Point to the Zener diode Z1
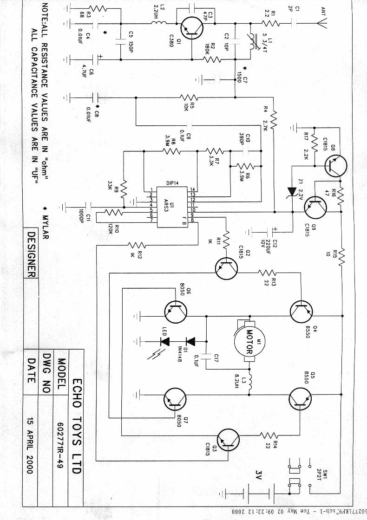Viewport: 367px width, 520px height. pyautogui.click(x=292, y=191)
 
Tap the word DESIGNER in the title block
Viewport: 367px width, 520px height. pyautogui.click(x=30, y=254)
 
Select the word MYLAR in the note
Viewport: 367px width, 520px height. pyautogui.click(x=46, y=222)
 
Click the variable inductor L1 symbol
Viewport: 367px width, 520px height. pyautogui.click(x=251, y=39)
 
